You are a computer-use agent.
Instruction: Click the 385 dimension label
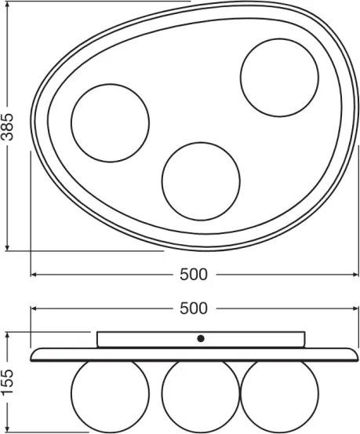click(x=8, y=126)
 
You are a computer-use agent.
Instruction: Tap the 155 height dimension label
click(x=8, y=382)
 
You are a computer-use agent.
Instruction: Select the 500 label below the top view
click(x=193, y=274)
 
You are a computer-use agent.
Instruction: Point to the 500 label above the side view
click(x=193, y=309)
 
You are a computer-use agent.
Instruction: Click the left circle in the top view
click(x=110, y=122)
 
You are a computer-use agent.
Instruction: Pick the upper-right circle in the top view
click(x=279, y=77)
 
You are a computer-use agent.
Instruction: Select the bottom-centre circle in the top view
click(x=201, y=180)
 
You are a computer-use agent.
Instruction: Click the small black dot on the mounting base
click(x=201, y=338)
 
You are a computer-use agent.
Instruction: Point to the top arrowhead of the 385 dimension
click(x=8, y=5)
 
